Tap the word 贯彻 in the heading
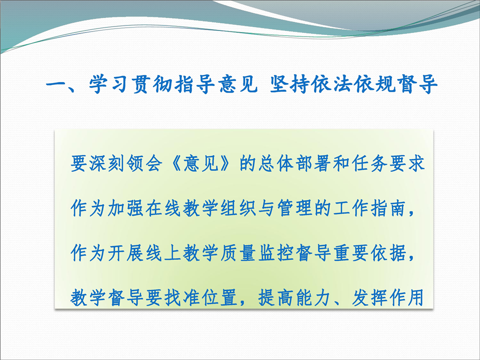pos(152,83)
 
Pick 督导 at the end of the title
pos(417,83)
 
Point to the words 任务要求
pos(388,163)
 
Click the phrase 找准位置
pos(201,297)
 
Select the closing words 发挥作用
pos(388,297)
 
